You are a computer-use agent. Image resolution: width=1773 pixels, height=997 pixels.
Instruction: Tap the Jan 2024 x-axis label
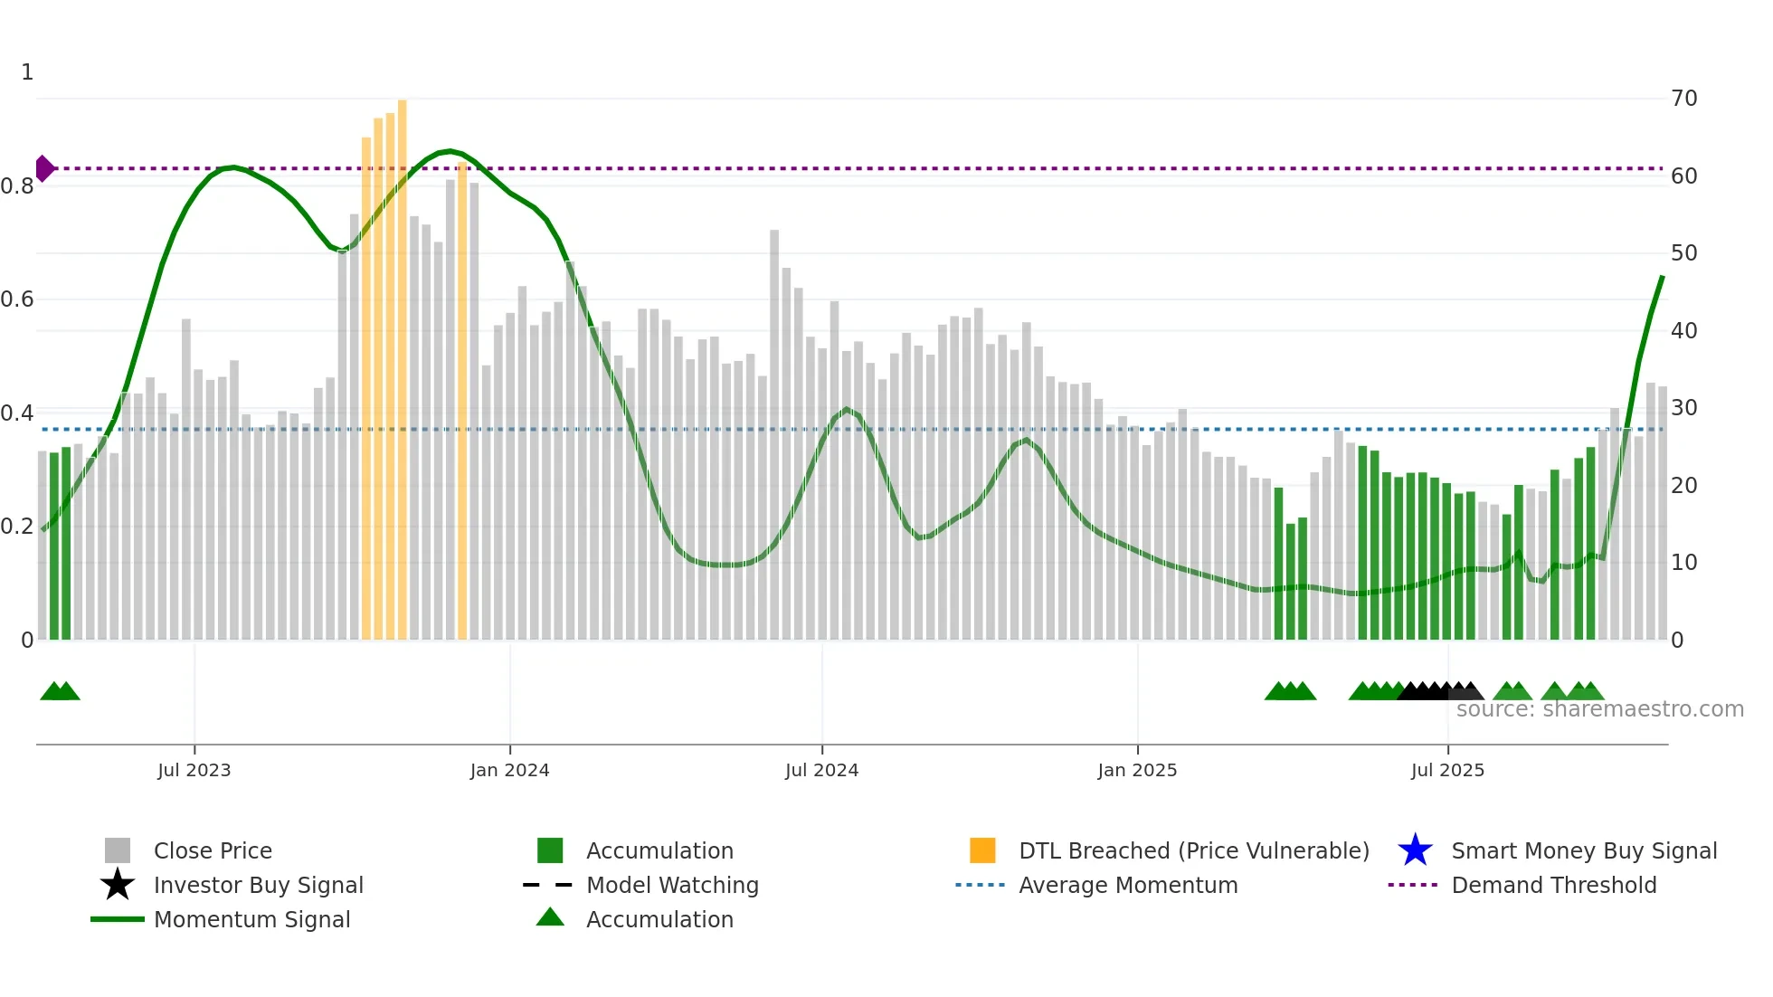tap(509, 770)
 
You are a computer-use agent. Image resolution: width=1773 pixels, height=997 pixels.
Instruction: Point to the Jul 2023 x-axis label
tap(194, 770)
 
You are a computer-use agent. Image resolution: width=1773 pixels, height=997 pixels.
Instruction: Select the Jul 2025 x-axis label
tap(1447, 770)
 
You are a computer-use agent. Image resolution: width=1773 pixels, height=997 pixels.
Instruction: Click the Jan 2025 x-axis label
tap(1137, 770)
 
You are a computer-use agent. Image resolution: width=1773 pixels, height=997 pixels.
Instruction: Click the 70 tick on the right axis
tap(1683, 99)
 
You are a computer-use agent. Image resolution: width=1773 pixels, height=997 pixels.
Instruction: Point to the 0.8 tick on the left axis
tap(17, 186)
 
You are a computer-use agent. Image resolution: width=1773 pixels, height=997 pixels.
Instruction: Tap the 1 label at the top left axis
tap(27, 72)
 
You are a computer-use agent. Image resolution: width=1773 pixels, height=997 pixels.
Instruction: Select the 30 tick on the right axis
tap(1683, 408)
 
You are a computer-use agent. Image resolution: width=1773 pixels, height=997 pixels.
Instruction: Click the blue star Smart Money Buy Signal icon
tap(1415, 850)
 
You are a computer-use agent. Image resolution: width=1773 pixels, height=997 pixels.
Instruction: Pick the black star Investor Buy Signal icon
tap(118, 885)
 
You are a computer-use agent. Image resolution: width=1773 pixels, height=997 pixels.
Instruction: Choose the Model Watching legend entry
tap(672, 885)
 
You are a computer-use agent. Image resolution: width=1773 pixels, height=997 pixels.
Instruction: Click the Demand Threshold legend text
tap(1553, 885)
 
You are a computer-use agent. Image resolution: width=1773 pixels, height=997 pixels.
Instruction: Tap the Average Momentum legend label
tap(1128, 885)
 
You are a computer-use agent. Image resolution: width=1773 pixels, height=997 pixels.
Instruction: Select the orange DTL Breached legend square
tap(982, 850)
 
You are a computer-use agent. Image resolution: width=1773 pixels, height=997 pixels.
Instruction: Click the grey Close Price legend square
tap(118, 850)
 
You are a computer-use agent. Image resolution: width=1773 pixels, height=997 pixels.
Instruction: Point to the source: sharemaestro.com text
tap(1599, 709)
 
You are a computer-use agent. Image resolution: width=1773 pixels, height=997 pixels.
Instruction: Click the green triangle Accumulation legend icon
tap(550, 917)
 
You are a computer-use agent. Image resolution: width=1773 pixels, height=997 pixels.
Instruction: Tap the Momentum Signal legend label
tap(251, 919)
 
